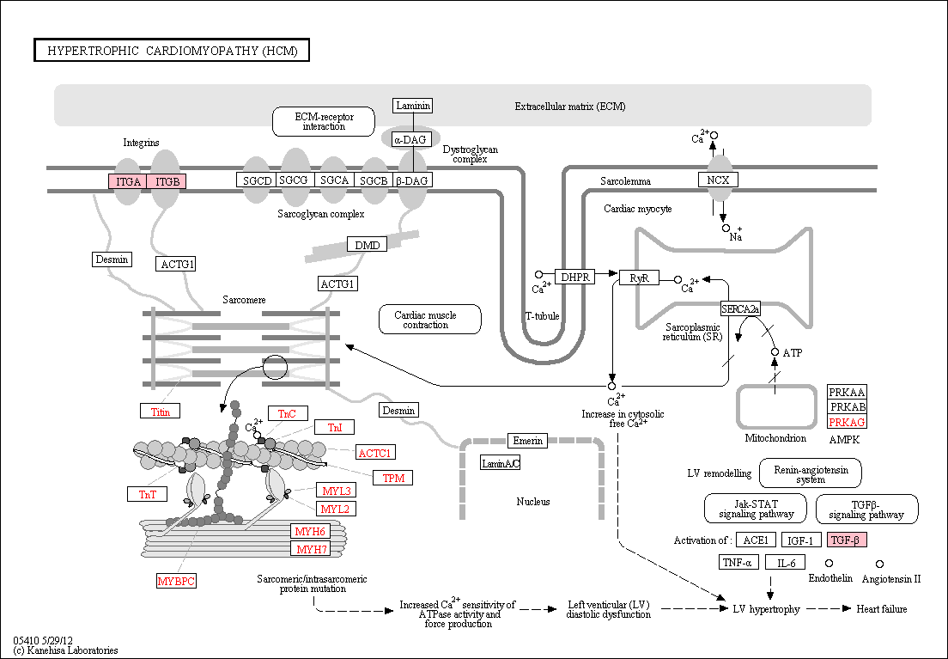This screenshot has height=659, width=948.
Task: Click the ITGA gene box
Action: (128, 181)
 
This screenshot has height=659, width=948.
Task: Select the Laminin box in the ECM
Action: (413, 106)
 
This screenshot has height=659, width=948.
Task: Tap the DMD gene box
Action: (367, 245)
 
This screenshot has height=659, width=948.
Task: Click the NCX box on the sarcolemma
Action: (718, 180)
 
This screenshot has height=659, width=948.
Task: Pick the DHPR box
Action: (575, 278)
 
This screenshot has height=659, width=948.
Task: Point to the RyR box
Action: (639, 278)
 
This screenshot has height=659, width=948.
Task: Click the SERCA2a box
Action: (740, 309)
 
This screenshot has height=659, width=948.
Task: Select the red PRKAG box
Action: (847, 422)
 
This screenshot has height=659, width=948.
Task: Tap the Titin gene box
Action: (161, 412)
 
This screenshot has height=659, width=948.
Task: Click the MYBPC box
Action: (176, 581)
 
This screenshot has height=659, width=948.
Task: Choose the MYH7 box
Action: (311, 549)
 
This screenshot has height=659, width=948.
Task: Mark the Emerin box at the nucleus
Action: (528, 441)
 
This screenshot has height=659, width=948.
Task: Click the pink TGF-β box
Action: (847, 540)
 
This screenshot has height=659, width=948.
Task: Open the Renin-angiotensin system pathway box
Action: (811, 473)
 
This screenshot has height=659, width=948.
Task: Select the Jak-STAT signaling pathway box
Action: (756, 509)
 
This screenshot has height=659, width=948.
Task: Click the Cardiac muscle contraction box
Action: (430, 320)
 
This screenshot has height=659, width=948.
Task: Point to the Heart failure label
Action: (882, 609)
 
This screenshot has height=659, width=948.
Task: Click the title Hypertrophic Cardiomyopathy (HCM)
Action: (172, 50)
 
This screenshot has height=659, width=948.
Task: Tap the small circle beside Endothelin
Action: (829, 564)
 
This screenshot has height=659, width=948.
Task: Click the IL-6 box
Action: (786, 563)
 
